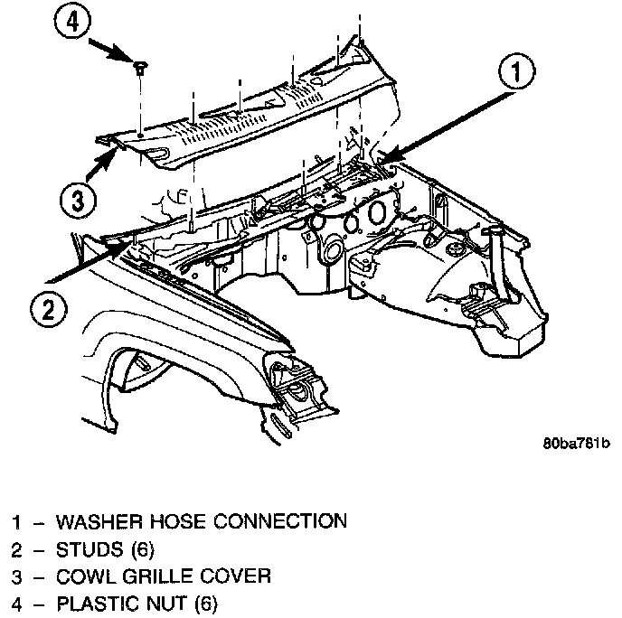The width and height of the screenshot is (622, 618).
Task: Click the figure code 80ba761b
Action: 576,444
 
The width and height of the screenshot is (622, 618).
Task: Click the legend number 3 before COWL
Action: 16,576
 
